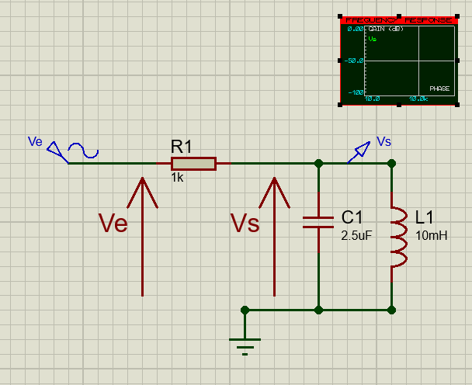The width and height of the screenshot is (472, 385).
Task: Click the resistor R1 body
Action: (193, 163)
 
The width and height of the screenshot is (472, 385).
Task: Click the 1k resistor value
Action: (178, 178)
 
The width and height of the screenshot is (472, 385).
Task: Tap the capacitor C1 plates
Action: (318, 222)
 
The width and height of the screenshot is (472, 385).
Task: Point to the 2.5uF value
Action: (356, 236)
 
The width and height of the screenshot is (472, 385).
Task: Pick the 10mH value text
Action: (432, 236)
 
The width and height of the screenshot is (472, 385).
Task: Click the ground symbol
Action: (245, 342)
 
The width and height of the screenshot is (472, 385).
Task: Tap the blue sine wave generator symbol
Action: (83, 150)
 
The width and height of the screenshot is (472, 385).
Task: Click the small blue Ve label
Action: (34, 141)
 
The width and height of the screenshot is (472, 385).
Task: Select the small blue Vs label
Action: (383, 140)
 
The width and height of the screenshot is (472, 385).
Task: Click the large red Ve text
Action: (113, 224)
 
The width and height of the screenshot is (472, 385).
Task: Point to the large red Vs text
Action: (245, 224)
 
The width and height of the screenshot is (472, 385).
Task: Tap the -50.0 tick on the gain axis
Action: (356, 60)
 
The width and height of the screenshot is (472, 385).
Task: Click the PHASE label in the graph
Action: (439, 88)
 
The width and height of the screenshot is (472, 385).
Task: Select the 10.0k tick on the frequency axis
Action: (418, 99)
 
